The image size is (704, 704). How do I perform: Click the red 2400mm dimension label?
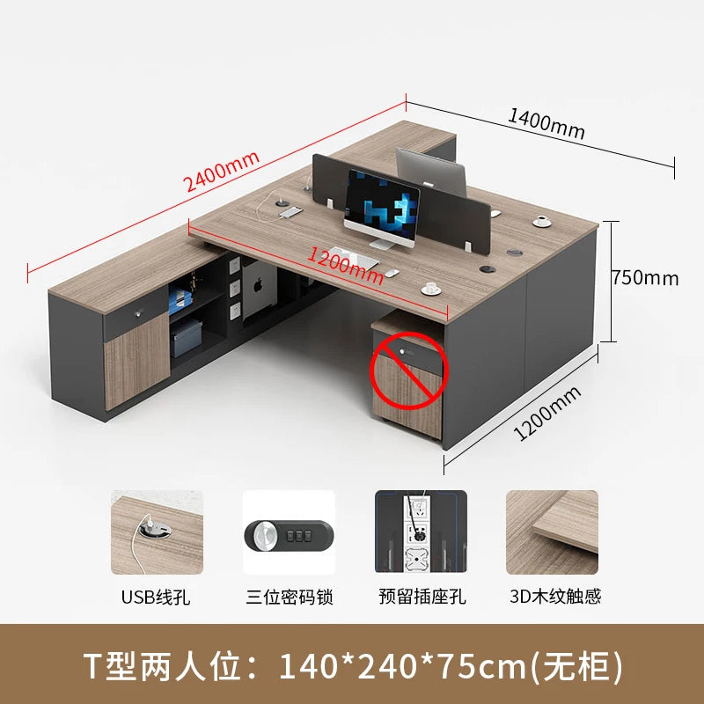[x=222, y=171]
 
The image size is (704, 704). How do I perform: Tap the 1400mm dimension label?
[x=546, y=124]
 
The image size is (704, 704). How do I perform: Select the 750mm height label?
[x=646, y=278]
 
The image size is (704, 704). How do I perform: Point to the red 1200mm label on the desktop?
[x=345, y=267]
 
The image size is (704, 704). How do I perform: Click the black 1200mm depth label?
[x=547, y=413]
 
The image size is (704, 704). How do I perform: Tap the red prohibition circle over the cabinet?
[x=409, y=370]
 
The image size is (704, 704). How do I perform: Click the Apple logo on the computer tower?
[x=259, y=285]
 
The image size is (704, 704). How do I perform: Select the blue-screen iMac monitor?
[x=382, y=209]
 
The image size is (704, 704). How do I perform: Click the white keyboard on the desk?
[x=353, y=257]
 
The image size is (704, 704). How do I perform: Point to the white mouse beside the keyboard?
[x=392, y=273]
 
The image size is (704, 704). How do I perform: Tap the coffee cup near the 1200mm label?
[x=431, y=289]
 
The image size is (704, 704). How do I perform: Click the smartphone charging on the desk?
[x=291, y=212]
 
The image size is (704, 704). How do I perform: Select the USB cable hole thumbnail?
[x=158, y=532]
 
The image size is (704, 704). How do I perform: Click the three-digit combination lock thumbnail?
[x=290, y=532]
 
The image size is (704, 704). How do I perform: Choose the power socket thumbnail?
[x=421, y=532]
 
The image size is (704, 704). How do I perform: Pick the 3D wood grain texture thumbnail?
[x=553, y=532]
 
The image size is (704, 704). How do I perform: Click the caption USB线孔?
[x=156, y=598]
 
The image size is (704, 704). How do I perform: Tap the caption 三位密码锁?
[x=290, y=598]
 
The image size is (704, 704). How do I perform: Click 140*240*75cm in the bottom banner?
[x=402, y=667]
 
